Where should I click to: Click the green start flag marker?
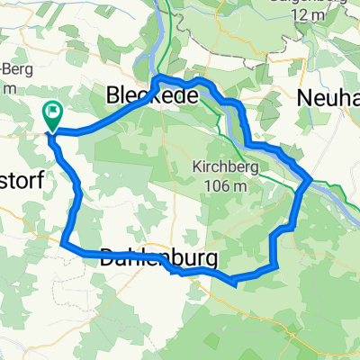51,115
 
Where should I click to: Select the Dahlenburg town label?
158,258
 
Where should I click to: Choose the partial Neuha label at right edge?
331,94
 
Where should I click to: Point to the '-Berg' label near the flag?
13,71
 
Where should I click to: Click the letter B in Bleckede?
114,94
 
